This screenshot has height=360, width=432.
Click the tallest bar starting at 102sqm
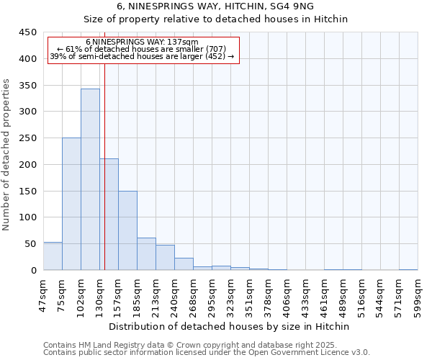(90, 180)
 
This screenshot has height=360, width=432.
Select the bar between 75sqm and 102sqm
(71, 204)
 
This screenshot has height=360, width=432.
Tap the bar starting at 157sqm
(127, 230)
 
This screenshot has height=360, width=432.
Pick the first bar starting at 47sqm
(53, 256)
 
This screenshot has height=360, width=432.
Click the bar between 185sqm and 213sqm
(146, 254)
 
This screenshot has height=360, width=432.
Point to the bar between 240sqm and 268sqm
(184, 264)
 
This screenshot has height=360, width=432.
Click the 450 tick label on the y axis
(28, 32)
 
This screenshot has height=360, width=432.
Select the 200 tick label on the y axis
(28, 165)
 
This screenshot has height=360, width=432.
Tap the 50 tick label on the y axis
(31, 244)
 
